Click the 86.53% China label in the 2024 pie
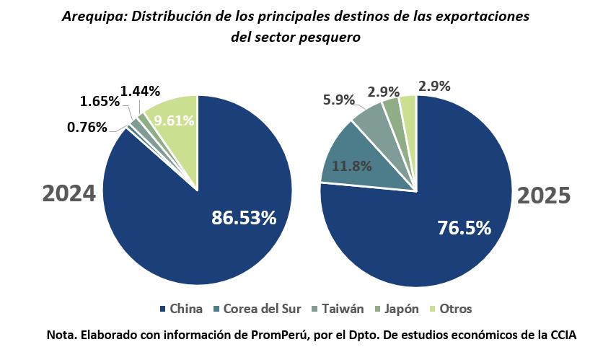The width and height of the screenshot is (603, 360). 243,217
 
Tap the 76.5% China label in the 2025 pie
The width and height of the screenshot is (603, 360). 465,228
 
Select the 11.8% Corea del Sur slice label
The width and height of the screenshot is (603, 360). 351,166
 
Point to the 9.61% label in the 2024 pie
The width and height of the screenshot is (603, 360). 174,120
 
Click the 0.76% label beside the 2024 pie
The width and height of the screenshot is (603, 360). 87,128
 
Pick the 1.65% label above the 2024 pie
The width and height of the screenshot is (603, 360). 100,102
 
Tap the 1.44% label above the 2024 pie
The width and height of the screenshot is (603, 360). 140,91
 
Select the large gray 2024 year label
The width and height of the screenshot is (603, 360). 69,193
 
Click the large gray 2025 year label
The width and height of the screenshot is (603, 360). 544,196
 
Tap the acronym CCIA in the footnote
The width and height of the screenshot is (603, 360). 560,335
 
